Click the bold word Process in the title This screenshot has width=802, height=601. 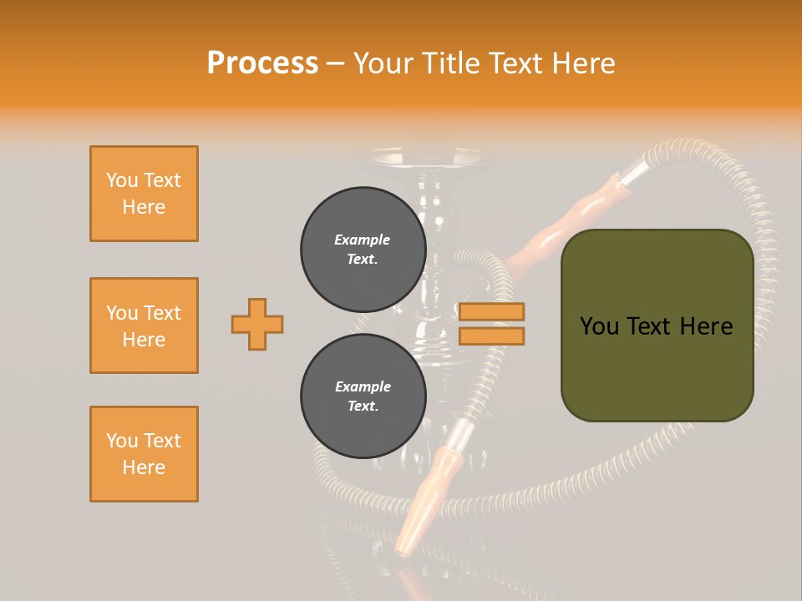tap(262, 63)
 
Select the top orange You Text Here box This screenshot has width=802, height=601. tap(144, 194)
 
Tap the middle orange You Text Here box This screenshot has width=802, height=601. tap(144, 326)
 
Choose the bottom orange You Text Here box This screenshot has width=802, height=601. tap(144, 454)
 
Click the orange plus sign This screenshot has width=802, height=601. tap(257, 324)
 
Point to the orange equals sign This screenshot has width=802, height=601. tap(491, 324)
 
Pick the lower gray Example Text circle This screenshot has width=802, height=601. tap(363, 396)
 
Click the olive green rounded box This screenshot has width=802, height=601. tap(657, 326)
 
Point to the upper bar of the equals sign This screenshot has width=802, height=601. tap(491, 312)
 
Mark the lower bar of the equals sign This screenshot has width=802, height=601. tap(491, 336)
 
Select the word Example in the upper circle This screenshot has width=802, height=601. tap(363, 240)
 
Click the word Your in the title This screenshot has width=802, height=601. tap(381, 63)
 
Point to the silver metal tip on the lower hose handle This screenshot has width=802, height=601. tap(460, 434)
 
